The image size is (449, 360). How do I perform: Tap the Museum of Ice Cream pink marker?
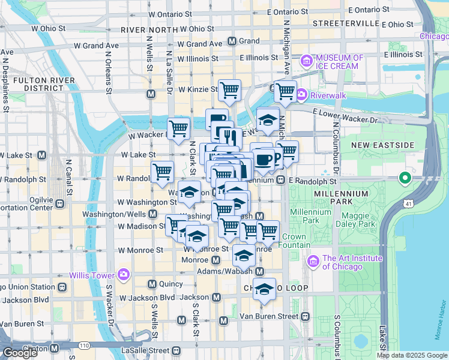pos(307,61)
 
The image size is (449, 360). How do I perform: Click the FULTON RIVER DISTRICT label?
pos(35,84)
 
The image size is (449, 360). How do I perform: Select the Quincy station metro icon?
pos(152,284)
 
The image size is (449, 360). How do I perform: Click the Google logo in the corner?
pos(20,353)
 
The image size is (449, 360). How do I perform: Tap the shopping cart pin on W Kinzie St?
pos(229,91)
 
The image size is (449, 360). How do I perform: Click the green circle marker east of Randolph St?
pos(405,178)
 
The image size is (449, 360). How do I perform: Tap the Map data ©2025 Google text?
pos(412,355)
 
